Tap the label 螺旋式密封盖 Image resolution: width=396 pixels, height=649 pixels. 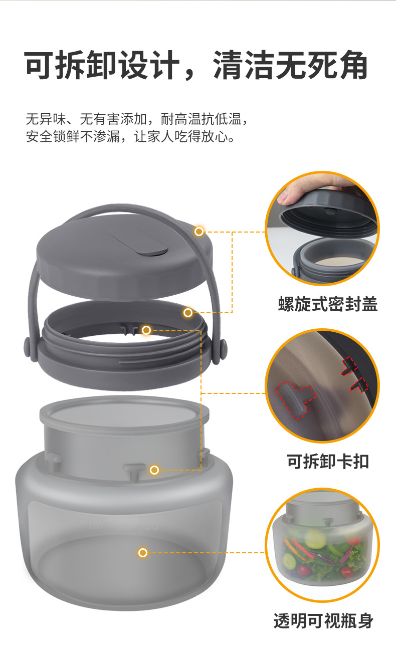click(327, 304)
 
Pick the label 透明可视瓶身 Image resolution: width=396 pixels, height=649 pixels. click(323, 621)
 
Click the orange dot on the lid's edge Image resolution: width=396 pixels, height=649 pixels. click(199, 231)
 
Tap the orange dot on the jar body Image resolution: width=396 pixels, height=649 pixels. click(143, 553)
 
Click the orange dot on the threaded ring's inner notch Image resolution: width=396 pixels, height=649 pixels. click(146, 330)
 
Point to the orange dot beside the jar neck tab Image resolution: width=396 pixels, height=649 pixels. click(154, 470)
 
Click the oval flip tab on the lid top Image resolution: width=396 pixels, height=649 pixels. click(137, 243)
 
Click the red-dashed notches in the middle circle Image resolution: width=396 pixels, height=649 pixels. click(354, 376)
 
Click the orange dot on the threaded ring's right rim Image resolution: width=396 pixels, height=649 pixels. click(188, 313)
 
